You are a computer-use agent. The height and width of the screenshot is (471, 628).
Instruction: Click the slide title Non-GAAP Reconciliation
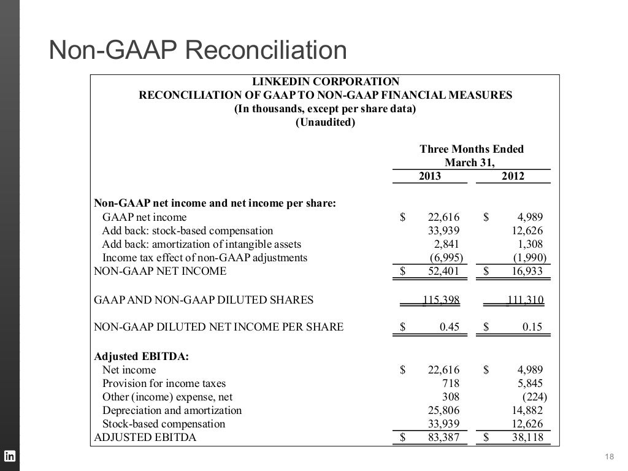click(x=198, y=52)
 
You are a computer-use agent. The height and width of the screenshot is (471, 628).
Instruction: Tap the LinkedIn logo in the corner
click(x=10, y=456)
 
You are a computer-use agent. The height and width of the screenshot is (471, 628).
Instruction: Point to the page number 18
click(x=609, y=456)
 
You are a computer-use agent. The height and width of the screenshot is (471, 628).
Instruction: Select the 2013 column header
click(x=429, y=177)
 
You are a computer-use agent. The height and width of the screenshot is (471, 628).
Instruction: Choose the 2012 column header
click(x=512, y=177)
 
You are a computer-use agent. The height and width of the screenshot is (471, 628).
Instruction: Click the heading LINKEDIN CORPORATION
click(x=326, y=82)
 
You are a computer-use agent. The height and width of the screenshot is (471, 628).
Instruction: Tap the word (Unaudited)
click(x=325, y=123)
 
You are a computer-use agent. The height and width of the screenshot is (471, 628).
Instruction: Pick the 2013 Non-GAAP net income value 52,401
click(x=443, y=271)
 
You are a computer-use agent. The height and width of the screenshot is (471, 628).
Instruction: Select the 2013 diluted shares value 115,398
click(x=441, y=300)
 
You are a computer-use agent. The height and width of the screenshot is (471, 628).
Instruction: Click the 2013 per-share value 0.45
click(x=450, y=327)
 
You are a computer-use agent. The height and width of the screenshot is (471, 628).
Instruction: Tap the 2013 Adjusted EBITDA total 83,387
click(x=443, y=438)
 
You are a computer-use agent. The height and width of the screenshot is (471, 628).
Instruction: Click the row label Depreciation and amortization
click(x=172, y=410)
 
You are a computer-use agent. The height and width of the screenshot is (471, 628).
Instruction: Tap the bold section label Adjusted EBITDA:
click(x=132, y=356)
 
